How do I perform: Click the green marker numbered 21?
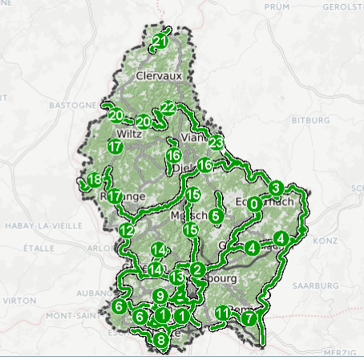tap(160, 41)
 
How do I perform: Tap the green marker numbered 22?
tap(168, 107)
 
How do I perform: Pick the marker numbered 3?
tap(276, 189)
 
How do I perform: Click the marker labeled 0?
tap(254, 204)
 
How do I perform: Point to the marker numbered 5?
tap(216, 216)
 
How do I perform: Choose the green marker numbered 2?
tap(196, 269)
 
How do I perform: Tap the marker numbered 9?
tap(160, 296)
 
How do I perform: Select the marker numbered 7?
tap(249, 318)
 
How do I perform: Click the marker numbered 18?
tap(95, 180)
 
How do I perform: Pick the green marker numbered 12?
tap(126, 232)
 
